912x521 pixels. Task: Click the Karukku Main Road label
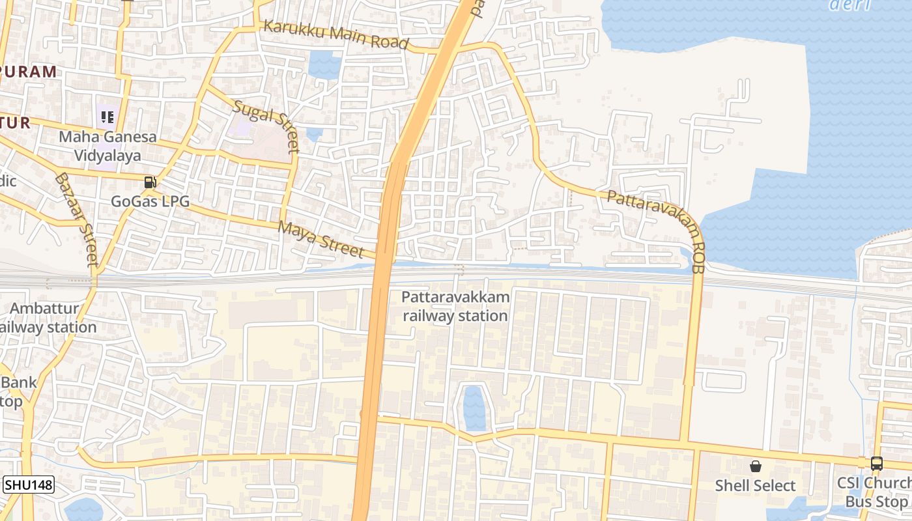336,36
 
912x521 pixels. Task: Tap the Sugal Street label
266,126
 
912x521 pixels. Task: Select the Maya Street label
321,239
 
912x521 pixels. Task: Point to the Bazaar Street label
78,219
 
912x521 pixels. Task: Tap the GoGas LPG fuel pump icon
150,182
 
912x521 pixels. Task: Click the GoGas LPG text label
150,201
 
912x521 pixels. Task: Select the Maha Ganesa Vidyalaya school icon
107,117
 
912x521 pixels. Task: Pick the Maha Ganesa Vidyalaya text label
107,146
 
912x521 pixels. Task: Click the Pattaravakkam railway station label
455,306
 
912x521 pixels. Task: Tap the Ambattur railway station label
46,318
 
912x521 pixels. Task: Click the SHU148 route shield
29,485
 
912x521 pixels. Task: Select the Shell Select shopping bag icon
756,466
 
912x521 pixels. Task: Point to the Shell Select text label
756,486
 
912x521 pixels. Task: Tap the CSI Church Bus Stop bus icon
877,464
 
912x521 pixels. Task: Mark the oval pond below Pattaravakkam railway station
474,408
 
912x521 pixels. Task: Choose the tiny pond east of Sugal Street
314,134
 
